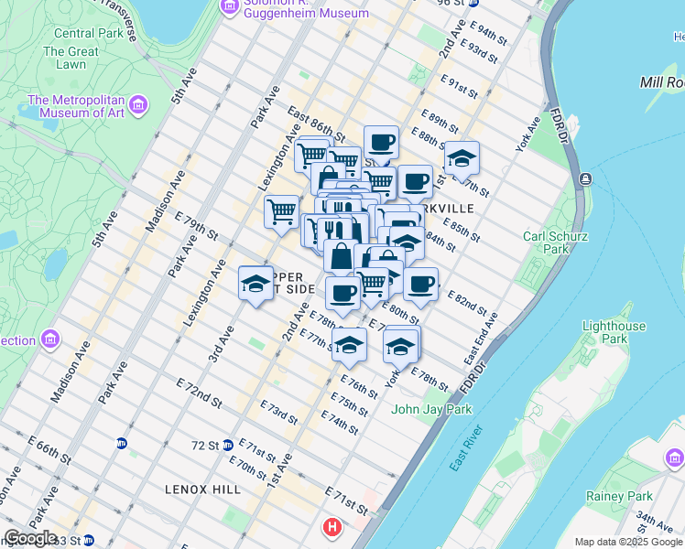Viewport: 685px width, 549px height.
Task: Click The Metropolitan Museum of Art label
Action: (78, 106)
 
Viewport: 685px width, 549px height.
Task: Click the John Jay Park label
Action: (431, 409)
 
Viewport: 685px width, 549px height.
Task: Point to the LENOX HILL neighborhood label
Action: (203, 490)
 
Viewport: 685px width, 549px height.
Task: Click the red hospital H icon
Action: (332, 528)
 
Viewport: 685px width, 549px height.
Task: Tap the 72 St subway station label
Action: (206, 446)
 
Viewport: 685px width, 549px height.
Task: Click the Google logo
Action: (30, 538)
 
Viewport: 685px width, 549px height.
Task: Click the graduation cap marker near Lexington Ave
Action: (256, 284)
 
